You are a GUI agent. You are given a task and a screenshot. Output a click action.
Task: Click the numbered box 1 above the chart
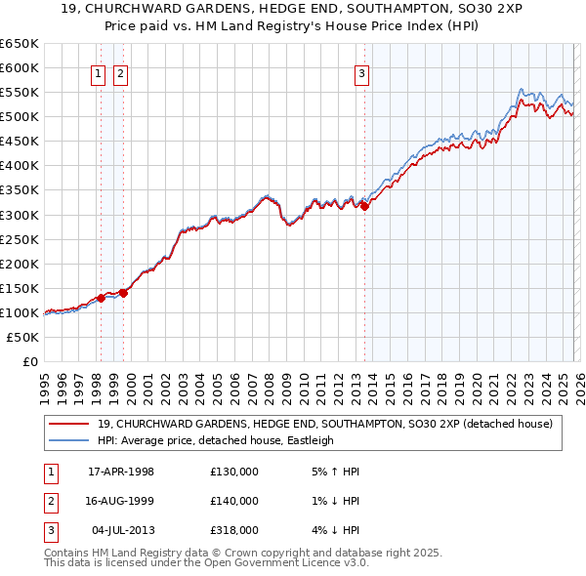tap(100, 72)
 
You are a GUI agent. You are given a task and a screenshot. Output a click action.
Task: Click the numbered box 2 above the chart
tap(119, 72)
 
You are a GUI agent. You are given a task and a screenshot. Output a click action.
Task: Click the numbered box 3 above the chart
tap(361, 72)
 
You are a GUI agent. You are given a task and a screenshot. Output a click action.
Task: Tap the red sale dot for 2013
tap(364, 206)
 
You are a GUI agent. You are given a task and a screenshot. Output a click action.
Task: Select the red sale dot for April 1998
tap(101, 298)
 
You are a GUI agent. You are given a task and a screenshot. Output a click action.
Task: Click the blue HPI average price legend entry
tap(216, 440)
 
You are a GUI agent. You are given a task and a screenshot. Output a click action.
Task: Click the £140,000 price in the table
tap(234, 501)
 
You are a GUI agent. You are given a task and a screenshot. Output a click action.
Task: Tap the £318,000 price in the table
tap(234, 530)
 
